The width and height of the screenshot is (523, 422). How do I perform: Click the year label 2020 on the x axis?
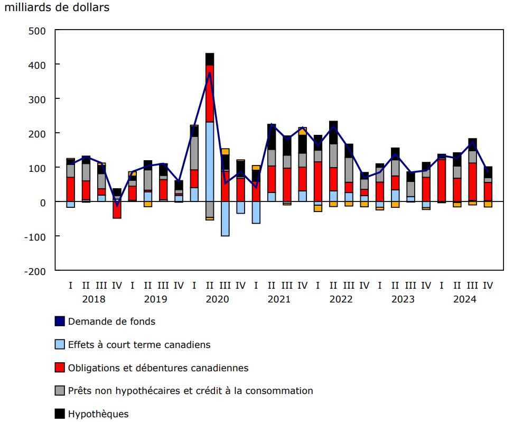[217, 299]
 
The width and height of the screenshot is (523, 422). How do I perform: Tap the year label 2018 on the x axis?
[94, 299]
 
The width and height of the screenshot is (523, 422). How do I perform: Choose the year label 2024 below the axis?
[465, 299]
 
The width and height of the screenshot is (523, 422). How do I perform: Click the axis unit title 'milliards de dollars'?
[57, 7]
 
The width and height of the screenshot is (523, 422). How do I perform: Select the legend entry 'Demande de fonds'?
[111, 322]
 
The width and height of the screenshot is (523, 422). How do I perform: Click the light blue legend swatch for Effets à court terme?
[60, 345]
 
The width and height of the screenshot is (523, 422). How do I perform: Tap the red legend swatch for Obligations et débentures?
[60, 368]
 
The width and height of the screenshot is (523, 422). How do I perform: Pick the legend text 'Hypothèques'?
[98, 414]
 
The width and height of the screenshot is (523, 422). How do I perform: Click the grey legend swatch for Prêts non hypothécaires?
[60, 391]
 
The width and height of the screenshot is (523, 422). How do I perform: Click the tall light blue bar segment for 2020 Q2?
[210, 161]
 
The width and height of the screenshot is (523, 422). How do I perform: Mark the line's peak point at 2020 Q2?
[210, 72]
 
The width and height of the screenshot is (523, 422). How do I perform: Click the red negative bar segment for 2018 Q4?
[117, 210]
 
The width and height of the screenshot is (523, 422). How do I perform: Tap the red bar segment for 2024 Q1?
[442, 180]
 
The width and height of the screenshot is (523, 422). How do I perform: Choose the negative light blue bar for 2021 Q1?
[256, 213]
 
